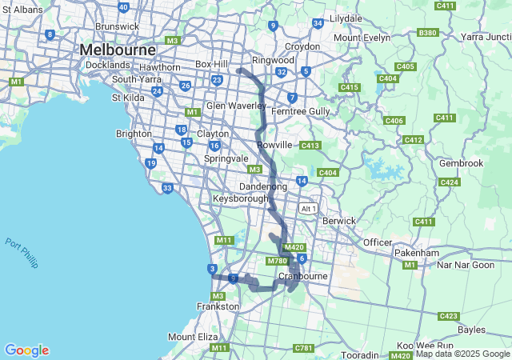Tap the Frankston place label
[218, 306]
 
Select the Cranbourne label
[303, 276]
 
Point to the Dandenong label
[263, 186]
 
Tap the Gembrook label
[462, 163]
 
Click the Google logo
[26, 350]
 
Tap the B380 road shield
[428, 33]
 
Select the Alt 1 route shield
[308, 208]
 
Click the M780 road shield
[278, 261]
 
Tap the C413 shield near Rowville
[310, 145]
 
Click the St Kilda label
[126, 98]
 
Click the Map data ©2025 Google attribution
[462, 354]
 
